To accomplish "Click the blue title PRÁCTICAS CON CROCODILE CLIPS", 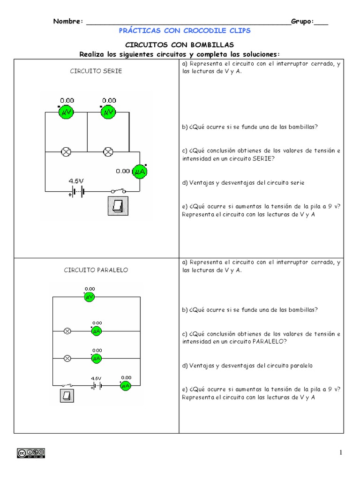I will [185, 30].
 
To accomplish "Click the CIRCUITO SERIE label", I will [96, 71].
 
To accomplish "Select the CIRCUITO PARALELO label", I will [96, 270].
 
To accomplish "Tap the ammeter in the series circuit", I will [139, 172].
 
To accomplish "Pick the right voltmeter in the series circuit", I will [109, 112].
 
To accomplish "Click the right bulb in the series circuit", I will [108, 151].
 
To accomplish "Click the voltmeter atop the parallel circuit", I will [90, 297].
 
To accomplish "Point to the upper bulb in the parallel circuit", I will [67, 331].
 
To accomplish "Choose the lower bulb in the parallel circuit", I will [67, 358].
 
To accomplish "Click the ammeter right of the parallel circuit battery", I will [126, 386].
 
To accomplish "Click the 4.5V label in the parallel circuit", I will [96, 378].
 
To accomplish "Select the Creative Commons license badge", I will [31, 453].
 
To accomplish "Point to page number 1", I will [341, 452].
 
